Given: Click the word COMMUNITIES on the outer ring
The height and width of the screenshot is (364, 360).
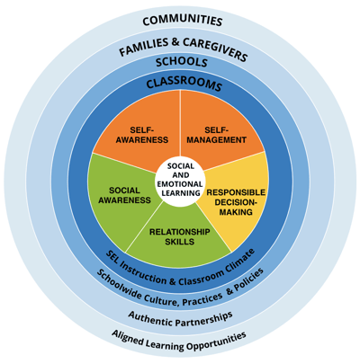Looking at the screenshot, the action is coord(183,22).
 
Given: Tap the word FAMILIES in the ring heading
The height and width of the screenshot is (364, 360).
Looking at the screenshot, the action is coord(144,47).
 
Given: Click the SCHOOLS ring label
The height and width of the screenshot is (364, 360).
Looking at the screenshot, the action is coord(182,61).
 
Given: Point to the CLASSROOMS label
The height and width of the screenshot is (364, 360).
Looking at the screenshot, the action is coord(184,84).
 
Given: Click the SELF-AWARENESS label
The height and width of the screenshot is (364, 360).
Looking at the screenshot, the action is coord(142,135).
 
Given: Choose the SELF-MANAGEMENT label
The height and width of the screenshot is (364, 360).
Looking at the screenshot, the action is coord(217,135).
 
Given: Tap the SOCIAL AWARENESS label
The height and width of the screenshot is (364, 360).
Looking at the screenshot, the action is coord(124,195).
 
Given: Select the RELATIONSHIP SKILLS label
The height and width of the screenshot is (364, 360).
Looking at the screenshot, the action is coord(180,236).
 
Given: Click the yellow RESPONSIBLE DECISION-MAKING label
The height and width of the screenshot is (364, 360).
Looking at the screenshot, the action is coord(236,202).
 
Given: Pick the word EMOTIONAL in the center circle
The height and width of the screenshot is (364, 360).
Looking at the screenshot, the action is coord(180,184).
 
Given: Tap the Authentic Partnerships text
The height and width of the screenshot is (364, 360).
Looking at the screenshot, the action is coord(181,319).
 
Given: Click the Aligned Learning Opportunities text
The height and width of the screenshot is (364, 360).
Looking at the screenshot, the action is coord(179,342).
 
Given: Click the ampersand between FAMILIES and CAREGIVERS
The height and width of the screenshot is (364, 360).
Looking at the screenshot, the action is coord(176,42).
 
